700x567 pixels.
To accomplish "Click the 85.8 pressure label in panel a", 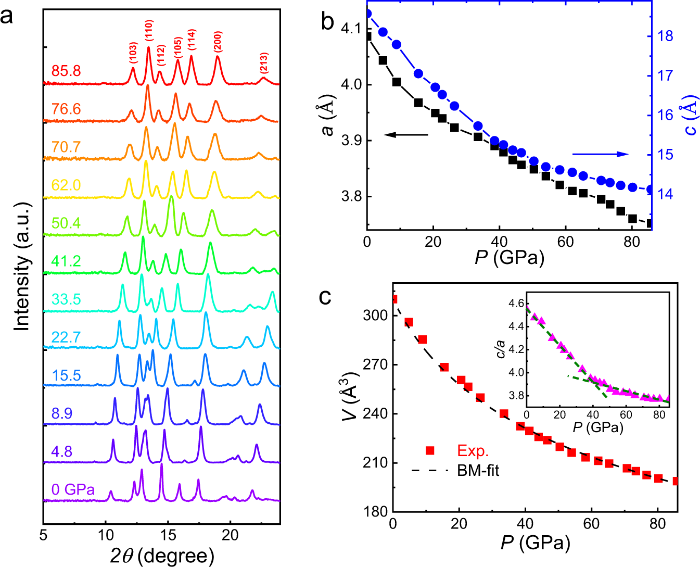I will (x=66, y=71).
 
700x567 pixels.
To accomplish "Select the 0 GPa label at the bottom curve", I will (x=73, y=489).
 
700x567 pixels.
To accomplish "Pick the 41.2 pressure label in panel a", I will (x=66, y=261).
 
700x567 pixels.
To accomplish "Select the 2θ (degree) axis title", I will (x=162, y=556).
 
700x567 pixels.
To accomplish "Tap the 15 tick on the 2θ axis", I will (x=168, y=535).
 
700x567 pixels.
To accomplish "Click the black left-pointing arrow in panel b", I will (x=406, y=135).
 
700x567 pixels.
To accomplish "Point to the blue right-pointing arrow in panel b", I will (x=601, y=154).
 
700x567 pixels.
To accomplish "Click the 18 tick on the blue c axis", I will (x=666, y=36).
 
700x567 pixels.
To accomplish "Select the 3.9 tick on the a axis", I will (x=351, y=141).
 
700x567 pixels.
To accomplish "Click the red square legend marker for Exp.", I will (x=430, y=450).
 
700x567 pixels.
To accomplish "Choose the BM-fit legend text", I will (x=478, y=471).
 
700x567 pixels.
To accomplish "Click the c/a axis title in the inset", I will (x=501, y=349).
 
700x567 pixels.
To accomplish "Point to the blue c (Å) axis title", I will (x=691, y=115).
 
